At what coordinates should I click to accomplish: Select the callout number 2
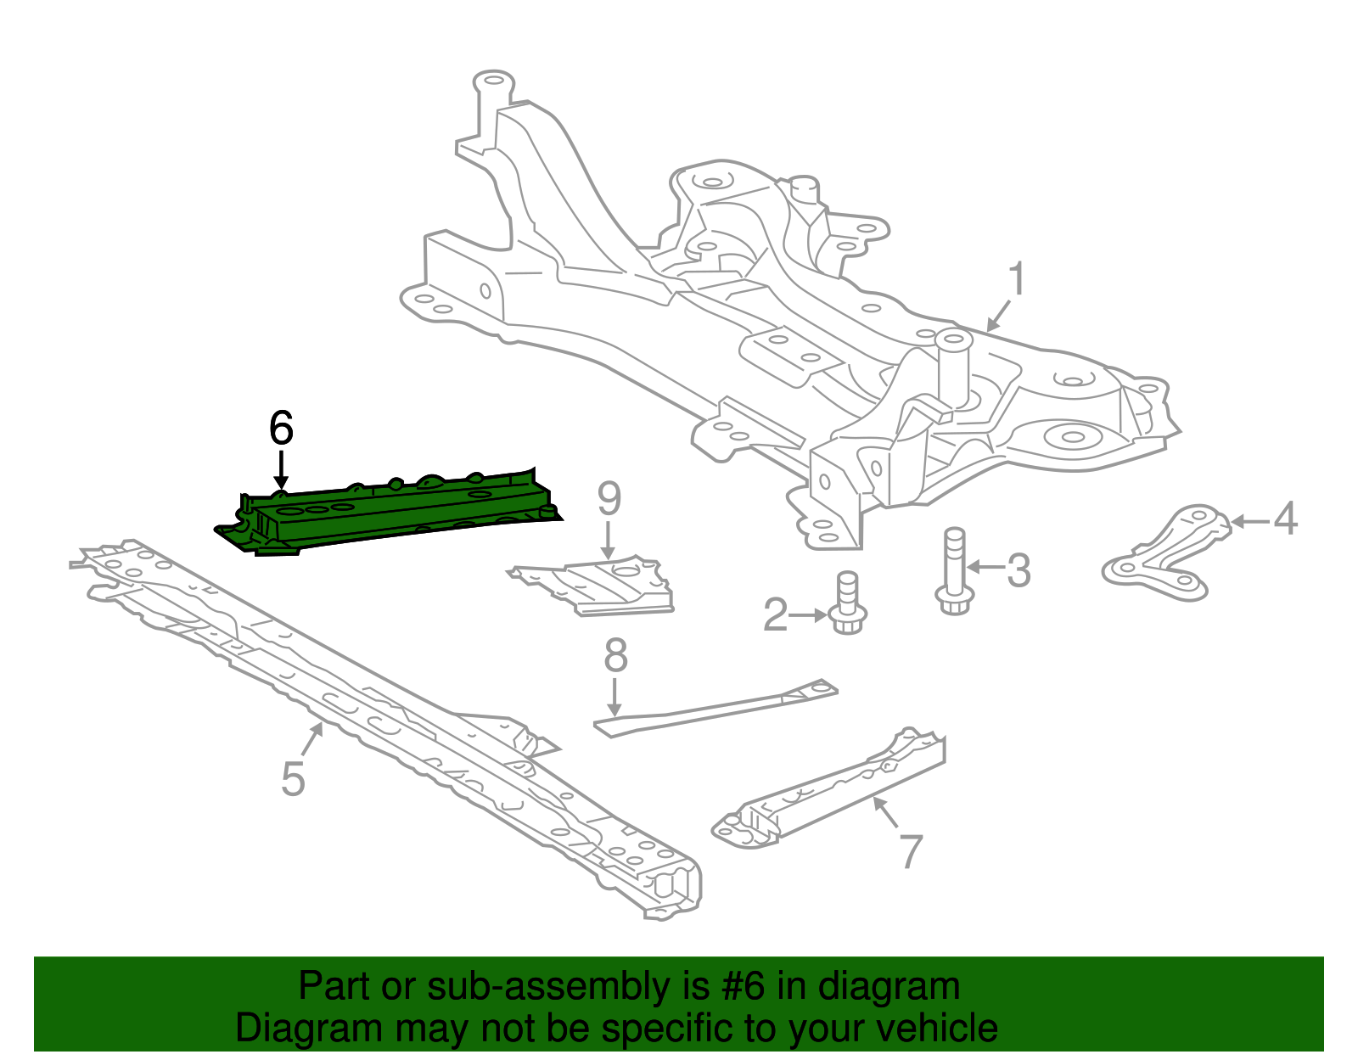[775, 615]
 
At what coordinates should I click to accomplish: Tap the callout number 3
[1018, 570]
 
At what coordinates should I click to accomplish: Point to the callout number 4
[1286, 519]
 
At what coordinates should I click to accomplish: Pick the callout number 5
[293, 779]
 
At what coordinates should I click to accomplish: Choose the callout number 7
[910, 851]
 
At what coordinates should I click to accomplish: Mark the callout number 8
[615, 656]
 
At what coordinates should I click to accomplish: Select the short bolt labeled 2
[846, 604]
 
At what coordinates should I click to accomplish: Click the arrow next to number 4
[1250, 521]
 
